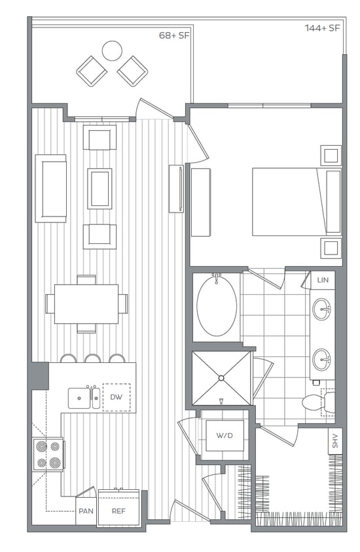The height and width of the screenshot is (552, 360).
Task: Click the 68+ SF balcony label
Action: click(174, 35)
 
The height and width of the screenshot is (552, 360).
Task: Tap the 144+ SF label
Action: click(322, 28)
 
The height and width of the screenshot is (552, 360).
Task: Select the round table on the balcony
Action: click(112, 50)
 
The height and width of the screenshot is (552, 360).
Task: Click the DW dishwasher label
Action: click(116, 397)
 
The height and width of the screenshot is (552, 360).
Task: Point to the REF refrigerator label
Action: click(118, 511)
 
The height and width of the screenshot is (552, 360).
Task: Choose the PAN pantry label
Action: click(85, 511)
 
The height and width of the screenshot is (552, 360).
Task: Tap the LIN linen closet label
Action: click(322, 280)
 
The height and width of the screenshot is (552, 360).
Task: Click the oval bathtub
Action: click(217, 306)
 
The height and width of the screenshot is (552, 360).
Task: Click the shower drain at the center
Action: click(221, 377)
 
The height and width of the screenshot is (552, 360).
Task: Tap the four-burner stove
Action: click(48, 455)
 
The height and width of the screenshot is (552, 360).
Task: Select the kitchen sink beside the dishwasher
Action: click(83, 397)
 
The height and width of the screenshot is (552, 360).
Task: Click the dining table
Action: click(86, 303)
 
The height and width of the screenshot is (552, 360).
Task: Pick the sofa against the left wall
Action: click(50, 188)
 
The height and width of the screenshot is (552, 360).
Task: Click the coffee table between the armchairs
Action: click(99, 188)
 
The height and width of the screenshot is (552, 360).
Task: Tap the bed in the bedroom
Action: click(296, 201)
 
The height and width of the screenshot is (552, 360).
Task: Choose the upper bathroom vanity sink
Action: click(321, 309)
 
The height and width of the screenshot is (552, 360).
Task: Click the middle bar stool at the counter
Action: click(92, 358)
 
